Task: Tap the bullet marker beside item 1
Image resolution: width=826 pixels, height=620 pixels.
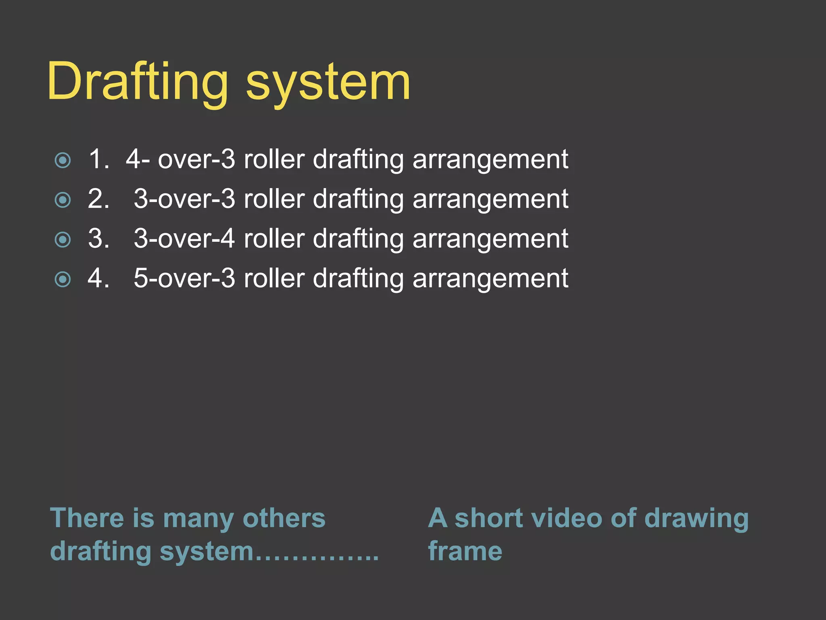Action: click(x=63, y=160)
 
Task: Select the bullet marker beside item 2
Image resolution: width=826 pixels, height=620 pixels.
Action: click(x=63, y=200)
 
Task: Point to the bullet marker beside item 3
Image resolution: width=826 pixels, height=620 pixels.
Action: click(x=63, y=239)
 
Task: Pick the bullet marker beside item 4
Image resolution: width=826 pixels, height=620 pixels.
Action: click(x=63, y=279)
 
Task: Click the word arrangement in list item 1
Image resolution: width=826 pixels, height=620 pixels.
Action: click(x=490, y=159)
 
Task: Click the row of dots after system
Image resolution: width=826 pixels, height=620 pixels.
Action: click(x=317, y=557)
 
